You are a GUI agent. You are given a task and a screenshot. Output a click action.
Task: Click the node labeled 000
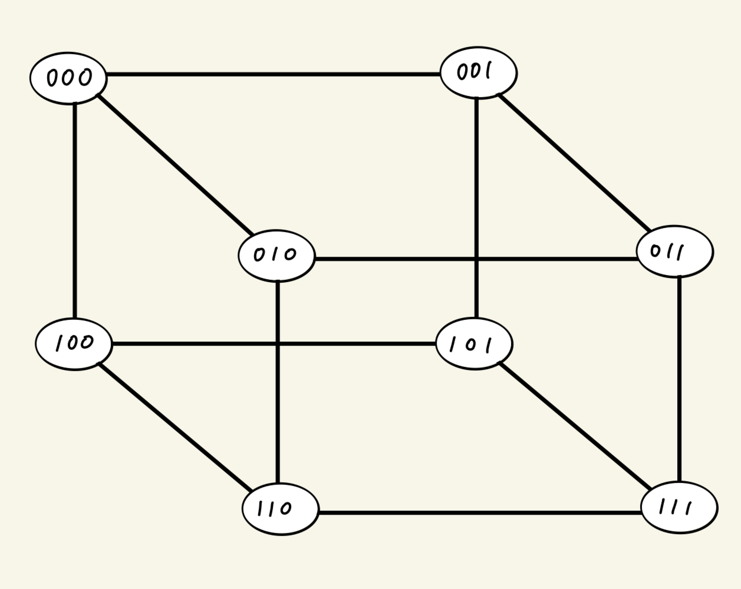coord(68,78)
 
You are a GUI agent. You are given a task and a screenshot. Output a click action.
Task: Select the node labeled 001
coord(478,73)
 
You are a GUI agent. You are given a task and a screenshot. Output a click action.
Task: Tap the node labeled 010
coord(276,256)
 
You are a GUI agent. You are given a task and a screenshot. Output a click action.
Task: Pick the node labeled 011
coord(675,252)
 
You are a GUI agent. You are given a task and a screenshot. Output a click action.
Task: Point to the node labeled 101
coord(474,344)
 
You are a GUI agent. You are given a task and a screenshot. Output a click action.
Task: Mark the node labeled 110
coord(280,509)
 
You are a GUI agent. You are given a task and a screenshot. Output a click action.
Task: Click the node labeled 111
coord(679,507)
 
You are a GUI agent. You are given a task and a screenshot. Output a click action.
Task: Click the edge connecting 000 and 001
coord(273,74)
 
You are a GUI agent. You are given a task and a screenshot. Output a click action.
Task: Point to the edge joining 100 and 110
coord(175,426)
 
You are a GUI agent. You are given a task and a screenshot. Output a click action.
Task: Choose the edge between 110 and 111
coord(480,513)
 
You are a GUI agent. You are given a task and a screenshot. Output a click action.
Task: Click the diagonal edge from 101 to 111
coord(575,426)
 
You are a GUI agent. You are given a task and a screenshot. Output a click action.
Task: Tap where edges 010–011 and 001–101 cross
coord(476,259)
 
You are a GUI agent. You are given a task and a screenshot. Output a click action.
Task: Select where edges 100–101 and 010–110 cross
coord(278,343)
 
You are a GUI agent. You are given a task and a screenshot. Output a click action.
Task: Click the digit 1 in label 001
coord(487,71)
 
